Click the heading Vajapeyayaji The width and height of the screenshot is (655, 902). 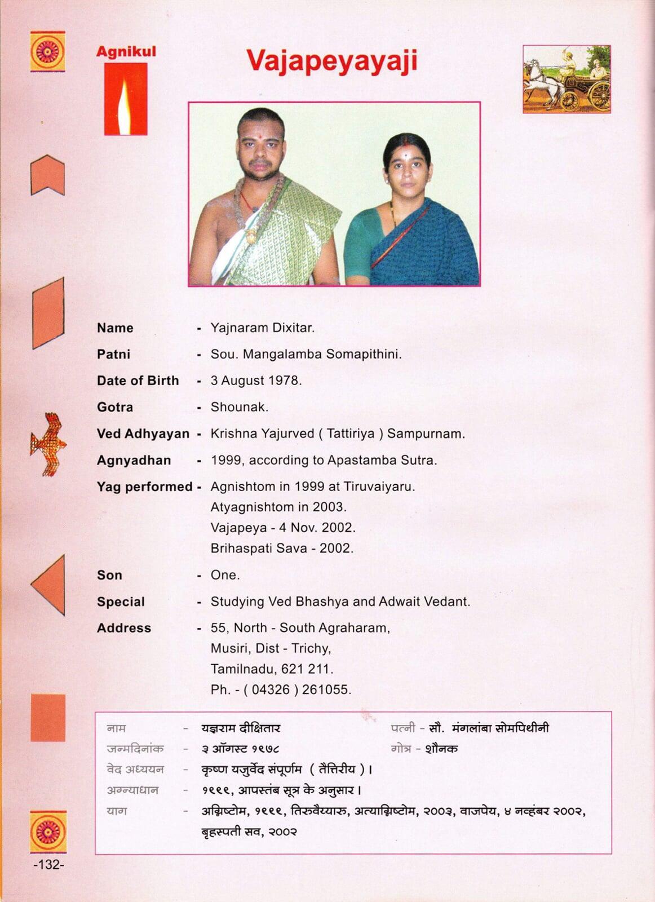click(x=331, y=61)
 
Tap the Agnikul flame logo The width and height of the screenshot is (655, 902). click(x=126, y=99)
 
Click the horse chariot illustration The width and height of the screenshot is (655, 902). click(x=567, y=79)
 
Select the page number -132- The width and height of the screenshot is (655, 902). click(x=48, y=864)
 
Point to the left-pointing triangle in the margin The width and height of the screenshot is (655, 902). click(x=48, y=585)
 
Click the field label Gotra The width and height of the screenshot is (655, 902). click(x=115, y=407)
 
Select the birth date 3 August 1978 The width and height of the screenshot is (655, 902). click(x=256, y=381)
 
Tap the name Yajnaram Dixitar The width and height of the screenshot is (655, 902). click(x=262, y=328)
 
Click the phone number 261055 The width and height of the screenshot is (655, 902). click(x=326, y=689)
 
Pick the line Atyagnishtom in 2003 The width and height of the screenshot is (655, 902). click(x=278, y=507)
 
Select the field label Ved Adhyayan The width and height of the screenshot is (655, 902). click(x=143, y=434)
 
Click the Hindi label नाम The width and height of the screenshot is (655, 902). click(x=116, y=728)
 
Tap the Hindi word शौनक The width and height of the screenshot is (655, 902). click(x=441, y=749)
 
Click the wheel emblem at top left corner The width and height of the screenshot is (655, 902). click(x=47, y=51)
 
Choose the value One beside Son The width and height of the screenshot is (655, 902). click(x=225, y=575)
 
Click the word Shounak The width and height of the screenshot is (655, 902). click(x=239, y=407)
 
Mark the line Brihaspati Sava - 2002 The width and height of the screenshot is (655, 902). click(x=282, y=548)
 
